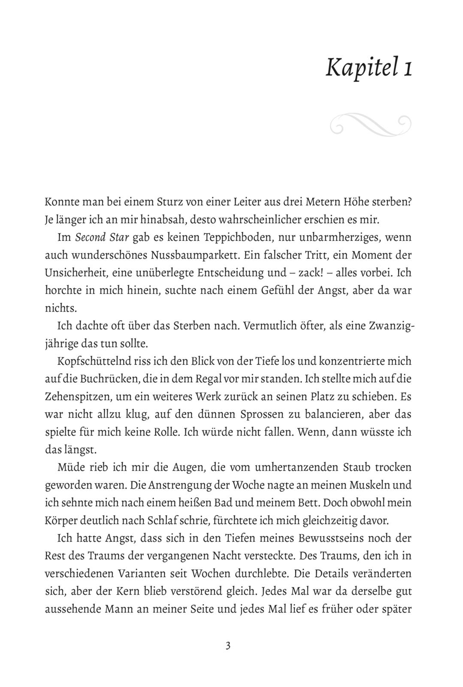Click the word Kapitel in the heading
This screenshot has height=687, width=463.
361,68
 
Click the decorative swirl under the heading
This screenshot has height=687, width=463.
371,125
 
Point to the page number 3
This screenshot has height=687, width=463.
228,646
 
